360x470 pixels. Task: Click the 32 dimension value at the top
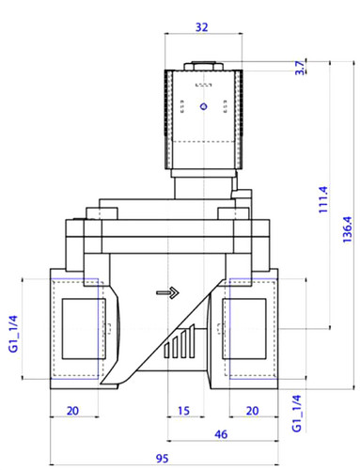click(201, 27)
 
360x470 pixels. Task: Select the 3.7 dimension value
click(300, 68)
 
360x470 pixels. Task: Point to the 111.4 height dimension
click(323, 199)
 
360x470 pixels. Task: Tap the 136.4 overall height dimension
click(347, 229)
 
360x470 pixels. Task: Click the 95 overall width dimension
click(163, 459)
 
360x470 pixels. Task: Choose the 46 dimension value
click(221, 434)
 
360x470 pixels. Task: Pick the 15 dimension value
click(183, 411)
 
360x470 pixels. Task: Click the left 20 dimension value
click(72, 411)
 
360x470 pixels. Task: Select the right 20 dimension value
click(253, 411)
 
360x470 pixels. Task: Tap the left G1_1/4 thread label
click(13, 334)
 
